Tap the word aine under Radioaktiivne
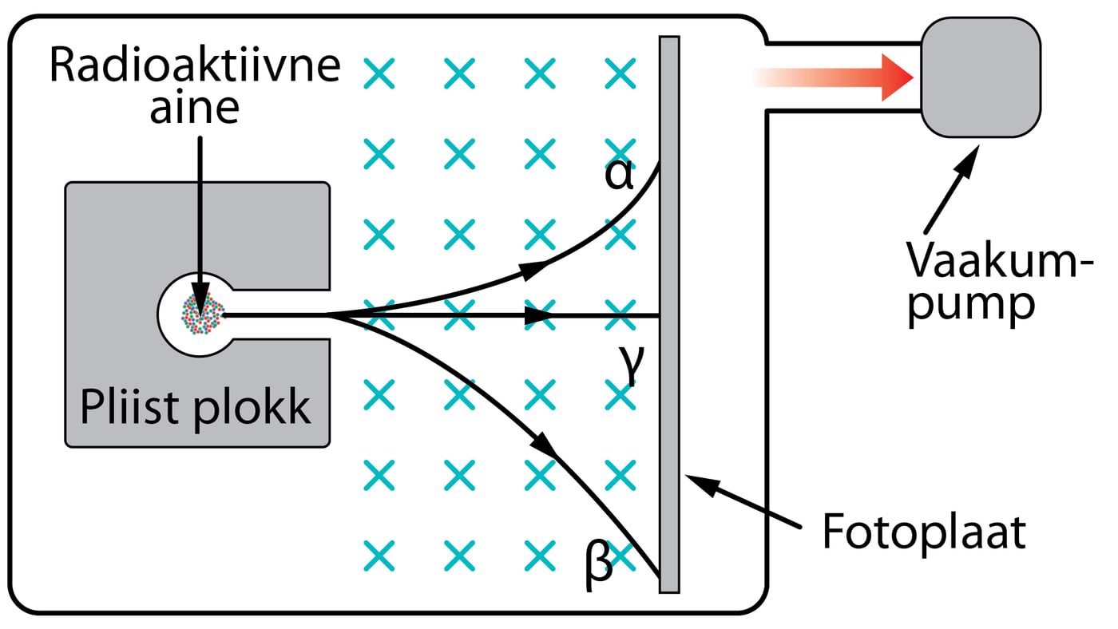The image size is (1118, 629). [x=195, y=109]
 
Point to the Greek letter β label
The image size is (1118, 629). [x=600, y=564]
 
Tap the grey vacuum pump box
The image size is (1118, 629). [x=981, y=77]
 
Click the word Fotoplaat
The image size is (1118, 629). [x=924, y=534]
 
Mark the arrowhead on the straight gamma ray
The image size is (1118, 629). [x=541, y=316]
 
